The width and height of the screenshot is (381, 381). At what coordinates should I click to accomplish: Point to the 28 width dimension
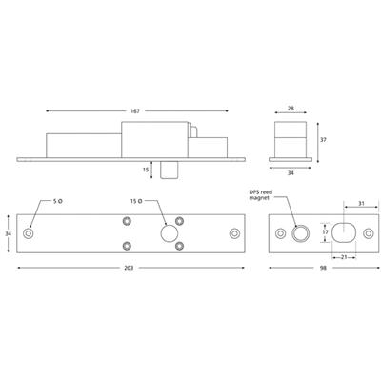(290, 110)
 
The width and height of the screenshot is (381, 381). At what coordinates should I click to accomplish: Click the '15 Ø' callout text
(135, 201)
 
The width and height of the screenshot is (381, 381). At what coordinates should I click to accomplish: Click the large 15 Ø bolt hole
(170, 233)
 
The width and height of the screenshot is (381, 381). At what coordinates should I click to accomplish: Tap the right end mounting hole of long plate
(235, 233)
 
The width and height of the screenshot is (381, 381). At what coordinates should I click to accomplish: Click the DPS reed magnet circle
(301, 233)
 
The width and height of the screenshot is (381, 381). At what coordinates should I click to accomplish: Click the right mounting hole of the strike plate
(367, 233)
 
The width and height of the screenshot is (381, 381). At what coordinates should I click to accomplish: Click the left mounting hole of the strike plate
(279, 233)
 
